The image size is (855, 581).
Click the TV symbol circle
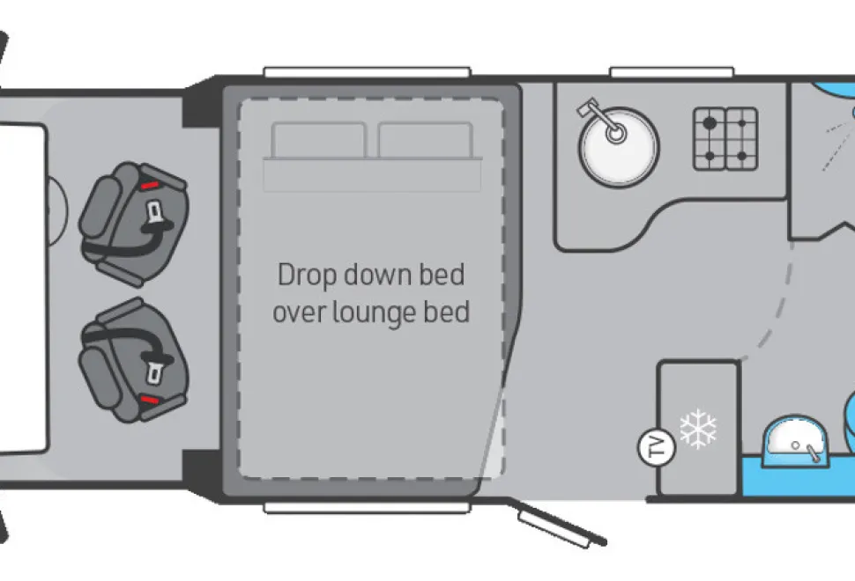point(657,447)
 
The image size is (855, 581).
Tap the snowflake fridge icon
point(698,429)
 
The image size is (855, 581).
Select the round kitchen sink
point(619,147)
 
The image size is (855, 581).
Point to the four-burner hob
point(725,139)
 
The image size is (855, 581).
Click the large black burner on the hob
point(710,123)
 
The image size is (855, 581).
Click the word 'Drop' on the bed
point(308,275)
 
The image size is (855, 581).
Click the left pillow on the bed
point(318,140)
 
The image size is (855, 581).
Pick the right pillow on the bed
point(426,140)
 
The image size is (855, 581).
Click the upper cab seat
point(134,224)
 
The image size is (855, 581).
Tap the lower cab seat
point(134,360)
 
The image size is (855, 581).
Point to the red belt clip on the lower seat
point(150,401)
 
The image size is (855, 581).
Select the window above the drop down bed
point(367,72)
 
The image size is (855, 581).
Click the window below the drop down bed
point(367,508)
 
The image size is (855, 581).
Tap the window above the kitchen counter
point(672,72)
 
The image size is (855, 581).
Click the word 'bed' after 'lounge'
point(447,312)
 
